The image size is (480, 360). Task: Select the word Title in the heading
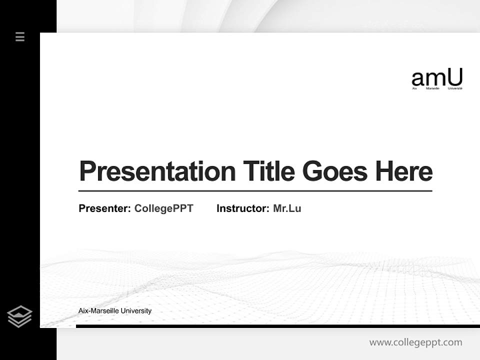(x=269, y=171)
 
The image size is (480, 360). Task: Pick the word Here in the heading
(x=404, y=171)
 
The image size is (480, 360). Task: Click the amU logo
(x=437, y=78)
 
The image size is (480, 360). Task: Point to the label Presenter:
(x=105, y=208)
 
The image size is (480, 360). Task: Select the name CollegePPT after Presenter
(x=163, y=208)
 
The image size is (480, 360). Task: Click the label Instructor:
(x=242, y=208)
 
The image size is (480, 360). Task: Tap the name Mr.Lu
(x=287, y=208)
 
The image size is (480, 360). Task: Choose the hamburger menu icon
(x=20, y=36)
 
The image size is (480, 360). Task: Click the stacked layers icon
(x=19, y=316)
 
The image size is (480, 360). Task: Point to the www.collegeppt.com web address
(x=415, y=342)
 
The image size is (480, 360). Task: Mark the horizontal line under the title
(x=255, y=191)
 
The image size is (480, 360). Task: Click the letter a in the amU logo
(x=418, y=79)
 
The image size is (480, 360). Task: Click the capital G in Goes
(x=313, y=171)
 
